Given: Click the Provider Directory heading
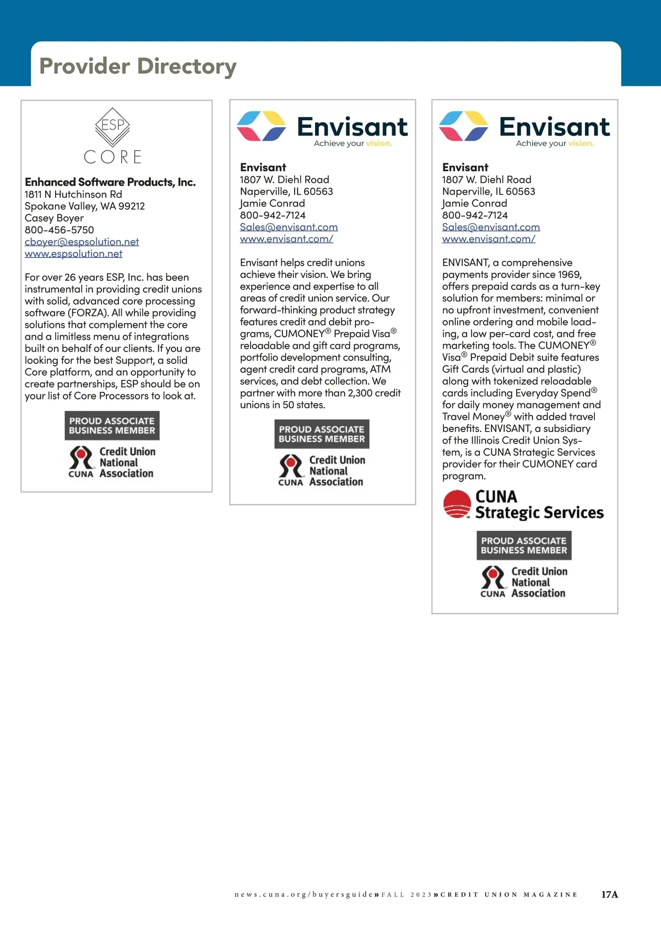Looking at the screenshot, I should point(138,66).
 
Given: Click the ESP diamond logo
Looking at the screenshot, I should point(113,126).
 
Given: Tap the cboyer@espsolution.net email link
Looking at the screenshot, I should point(82,242).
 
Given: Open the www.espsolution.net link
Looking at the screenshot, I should point(73,253).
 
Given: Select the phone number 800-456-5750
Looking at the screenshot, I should point(59,230).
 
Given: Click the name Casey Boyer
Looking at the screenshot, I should point(54,218).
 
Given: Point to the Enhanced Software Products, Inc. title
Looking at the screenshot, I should point(110,182).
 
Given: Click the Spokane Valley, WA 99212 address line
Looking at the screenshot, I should point(85,206).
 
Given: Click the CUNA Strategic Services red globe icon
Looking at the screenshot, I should point(457,504).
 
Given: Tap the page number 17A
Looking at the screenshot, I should point(609,895).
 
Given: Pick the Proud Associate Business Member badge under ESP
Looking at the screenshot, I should point(112,425).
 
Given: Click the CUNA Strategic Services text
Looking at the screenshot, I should point(539,505).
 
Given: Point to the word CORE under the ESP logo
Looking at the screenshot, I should point(113,157).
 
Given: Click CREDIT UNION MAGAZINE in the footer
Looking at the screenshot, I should point(509,895).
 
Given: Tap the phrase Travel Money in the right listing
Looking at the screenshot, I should point(473,417).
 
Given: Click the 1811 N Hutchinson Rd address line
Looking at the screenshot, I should point(73,195).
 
